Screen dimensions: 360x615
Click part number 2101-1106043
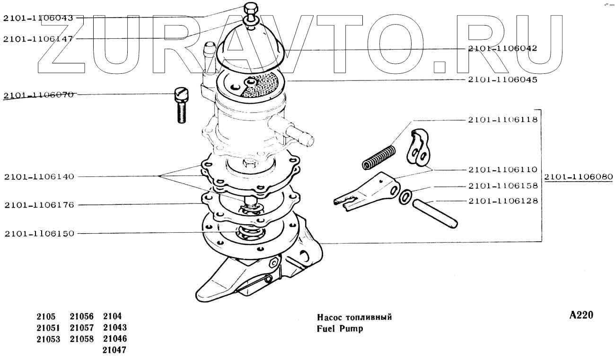[38, 18]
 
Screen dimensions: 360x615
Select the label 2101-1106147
[38, 39]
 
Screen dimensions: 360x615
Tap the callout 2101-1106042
[502, 48]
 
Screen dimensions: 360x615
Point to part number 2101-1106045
[502, 80]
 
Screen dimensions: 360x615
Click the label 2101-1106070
[38, 95]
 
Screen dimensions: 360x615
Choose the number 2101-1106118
[502, 120]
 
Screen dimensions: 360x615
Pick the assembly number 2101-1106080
[578, 177]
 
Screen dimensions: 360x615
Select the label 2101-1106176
[39, 205]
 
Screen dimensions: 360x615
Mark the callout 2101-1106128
[502, 201]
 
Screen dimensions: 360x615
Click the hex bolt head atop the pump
[250, 9]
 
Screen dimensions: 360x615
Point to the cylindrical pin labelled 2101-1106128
[435, 214]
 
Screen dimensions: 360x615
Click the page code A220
[581, 316]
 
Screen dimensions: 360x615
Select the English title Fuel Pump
[340, 328]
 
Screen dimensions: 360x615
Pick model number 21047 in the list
[114, 351]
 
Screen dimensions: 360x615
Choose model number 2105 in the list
[46, 316]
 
